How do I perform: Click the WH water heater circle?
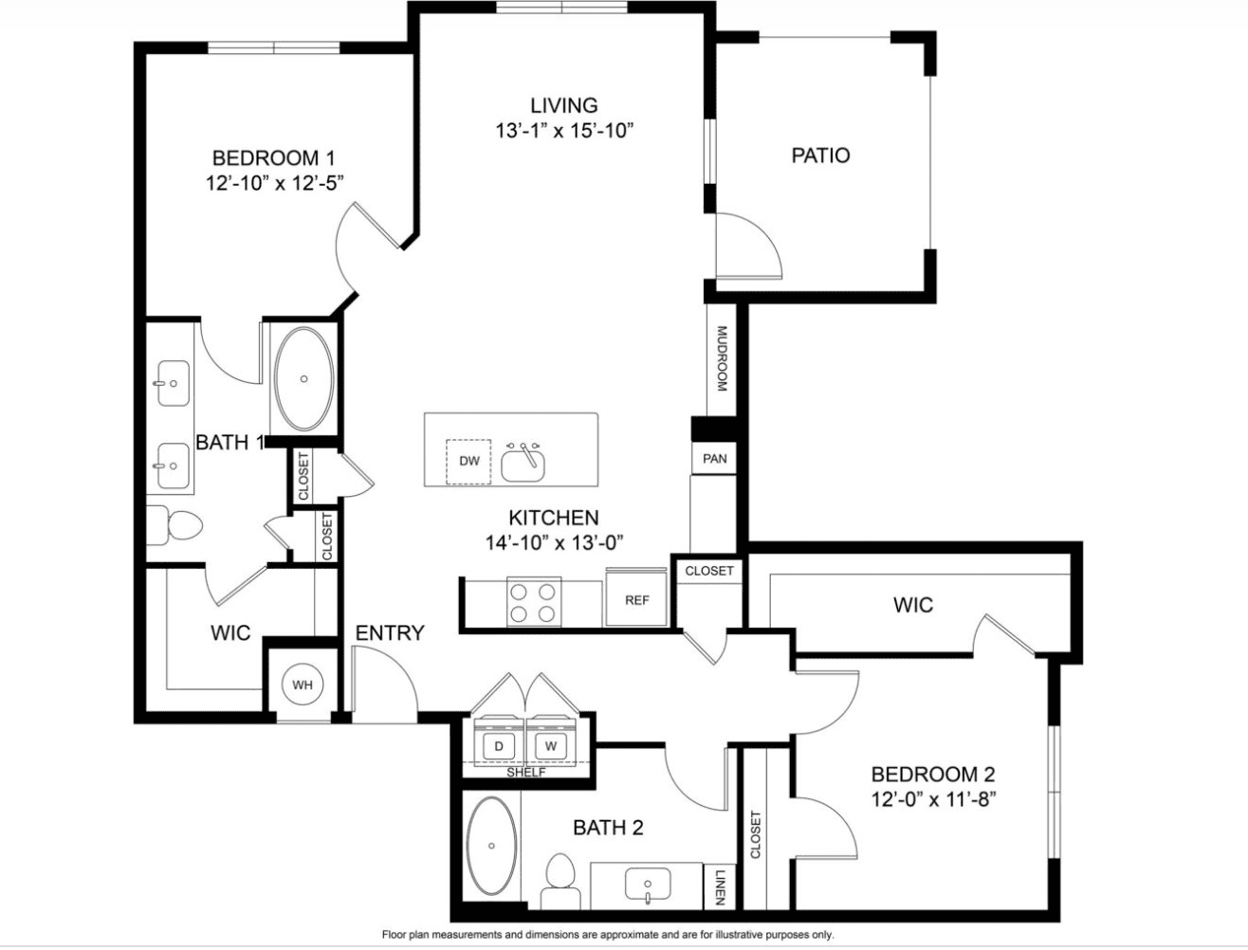[x=302, y=685]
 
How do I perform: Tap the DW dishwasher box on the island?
[x=468, y=462]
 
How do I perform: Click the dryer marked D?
[x=499, y=746]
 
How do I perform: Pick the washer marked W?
[x=550, y=746]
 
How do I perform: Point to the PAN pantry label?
[x=714, y=459]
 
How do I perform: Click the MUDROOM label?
[x=722, y=358]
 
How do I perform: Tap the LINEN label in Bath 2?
[x=720, y=887]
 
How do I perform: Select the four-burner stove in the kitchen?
[x=533, y=603]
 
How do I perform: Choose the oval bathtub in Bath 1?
[x=304, y=378]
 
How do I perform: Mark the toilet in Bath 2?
[x=561, y=883]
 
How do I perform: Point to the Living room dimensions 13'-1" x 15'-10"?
[x=564, y=131]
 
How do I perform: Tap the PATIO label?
[x=820, y=155]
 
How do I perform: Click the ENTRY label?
[x=390, y=632]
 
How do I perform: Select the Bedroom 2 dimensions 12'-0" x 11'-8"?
[x=933, y=800]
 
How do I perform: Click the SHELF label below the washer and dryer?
[x=526, y=773]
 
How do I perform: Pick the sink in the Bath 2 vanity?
[x=647, y=885]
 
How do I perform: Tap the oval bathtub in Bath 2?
[x=491, y=847]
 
